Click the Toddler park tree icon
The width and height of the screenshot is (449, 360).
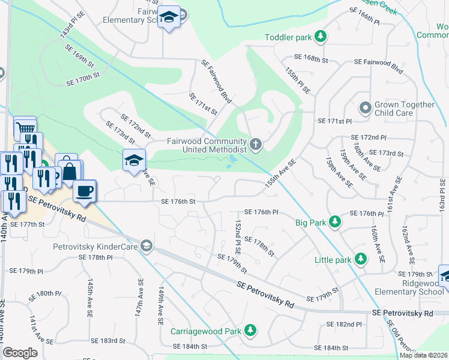click(x=321, y=37)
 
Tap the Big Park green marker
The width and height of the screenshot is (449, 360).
click(x=335, y=223)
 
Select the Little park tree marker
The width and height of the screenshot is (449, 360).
click(x=360, y=259)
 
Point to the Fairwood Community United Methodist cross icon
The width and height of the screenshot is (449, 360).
click(x=256, y=144)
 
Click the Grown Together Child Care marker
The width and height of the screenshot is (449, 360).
click(x=364, y=109)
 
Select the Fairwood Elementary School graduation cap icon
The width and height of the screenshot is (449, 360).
click(x=169, y=18)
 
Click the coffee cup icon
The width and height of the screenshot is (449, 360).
click(x=84, y=190)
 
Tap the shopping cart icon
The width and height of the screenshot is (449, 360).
click(x=25, y=127)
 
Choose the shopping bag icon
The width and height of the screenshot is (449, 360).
click(x=70, y=170)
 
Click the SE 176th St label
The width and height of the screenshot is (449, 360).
click(x=178, y=202)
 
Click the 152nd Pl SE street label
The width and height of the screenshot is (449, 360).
click(x=238, y=236)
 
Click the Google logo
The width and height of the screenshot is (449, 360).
click(x=20, y=353)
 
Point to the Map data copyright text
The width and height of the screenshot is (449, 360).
click(x=424, y=355)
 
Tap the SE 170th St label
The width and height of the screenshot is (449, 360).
click(x=82, y=79)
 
